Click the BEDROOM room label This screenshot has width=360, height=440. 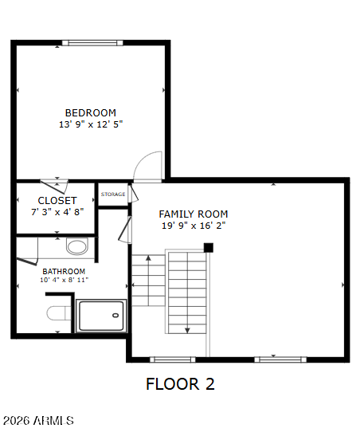point(91,113)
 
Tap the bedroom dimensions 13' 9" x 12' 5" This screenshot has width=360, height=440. point(91,124)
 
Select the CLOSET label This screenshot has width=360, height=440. point(57,201)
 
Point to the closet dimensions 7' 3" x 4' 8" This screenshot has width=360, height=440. point(57,212)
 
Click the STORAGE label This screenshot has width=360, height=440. point(113,194)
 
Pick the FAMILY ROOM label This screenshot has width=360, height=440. point(194,214)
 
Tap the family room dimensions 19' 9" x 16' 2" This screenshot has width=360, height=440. point(194,226)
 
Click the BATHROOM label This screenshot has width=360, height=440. point(64,271)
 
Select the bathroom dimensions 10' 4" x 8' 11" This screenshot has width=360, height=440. point(64,280)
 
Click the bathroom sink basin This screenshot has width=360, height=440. point(77,246)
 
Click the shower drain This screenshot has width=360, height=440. point(115,315)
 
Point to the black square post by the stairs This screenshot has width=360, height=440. point(209,248)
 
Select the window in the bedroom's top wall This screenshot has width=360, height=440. point(92,43)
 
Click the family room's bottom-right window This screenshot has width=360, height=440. point(280,359)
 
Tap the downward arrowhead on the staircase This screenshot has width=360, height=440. point(187,331)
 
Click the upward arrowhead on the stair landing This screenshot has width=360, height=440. point(148,257)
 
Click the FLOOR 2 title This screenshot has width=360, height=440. point(180,384)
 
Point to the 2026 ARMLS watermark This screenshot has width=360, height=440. point(38,421)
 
